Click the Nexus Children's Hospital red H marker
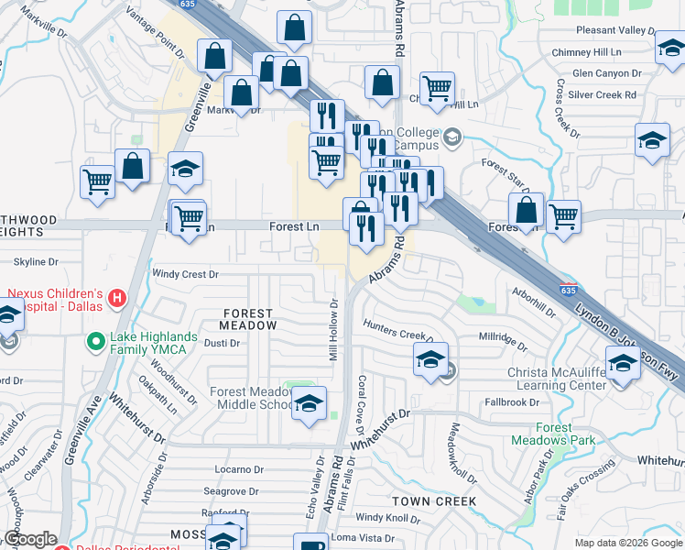pyautogui.click(x=116, y=298)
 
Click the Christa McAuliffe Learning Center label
pyautogui.click(x=557, y=379)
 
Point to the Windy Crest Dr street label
pyautogui.click(x=186, y=274)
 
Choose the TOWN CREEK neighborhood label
pyautogui.click(x=434, y=501)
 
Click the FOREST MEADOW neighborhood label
pyautogui.click(x=249, y=319)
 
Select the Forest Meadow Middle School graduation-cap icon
pyautogui.click(x=309, y=403)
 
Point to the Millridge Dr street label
pyautogui.click(x=502, y=341)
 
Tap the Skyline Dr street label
pyautogui.click(x=37, y=262)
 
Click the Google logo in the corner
pyautogui.click(x=30, y=539)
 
